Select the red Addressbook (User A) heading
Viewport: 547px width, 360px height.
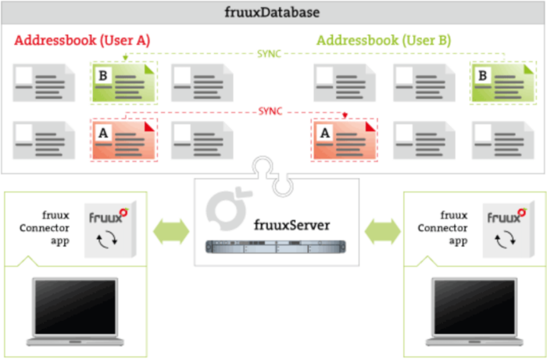[x=82, y=39]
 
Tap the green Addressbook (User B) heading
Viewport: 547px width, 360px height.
[x=384, y=39]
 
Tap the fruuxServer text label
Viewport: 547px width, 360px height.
[x=291, y=225]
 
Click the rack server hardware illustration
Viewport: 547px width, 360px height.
[x=274, y=248]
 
